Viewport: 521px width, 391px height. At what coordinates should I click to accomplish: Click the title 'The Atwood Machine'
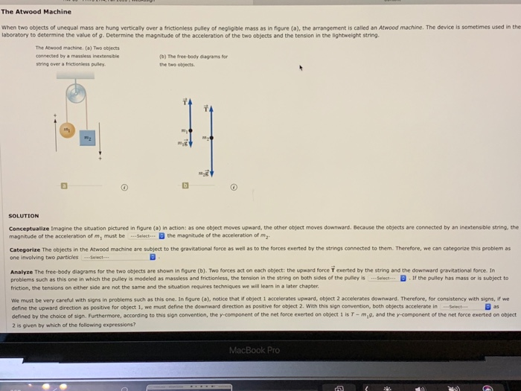[x=36, y=12]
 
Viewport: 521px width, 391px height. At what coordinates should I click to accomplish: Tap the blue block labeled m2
[x=87, y=139]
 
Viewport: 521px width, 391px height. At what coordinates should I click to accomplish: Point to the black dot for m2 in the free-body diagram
[x=211, y=139]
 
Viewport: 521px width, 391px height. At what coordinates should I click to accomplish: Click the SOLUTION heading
[x=24, y=216]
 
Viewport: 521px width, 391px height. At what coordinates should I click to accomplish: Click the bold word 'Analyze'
[x=22, y=270]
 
